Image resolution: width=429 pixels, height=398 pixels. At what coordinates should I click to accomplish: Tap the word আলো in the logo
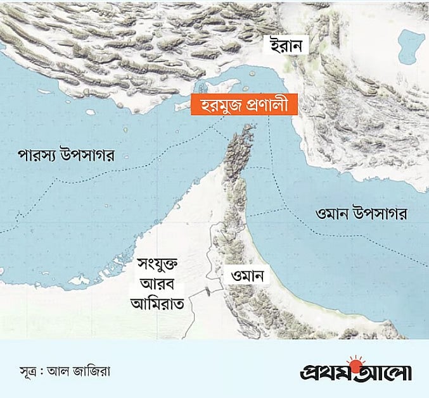click(387, 371)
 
